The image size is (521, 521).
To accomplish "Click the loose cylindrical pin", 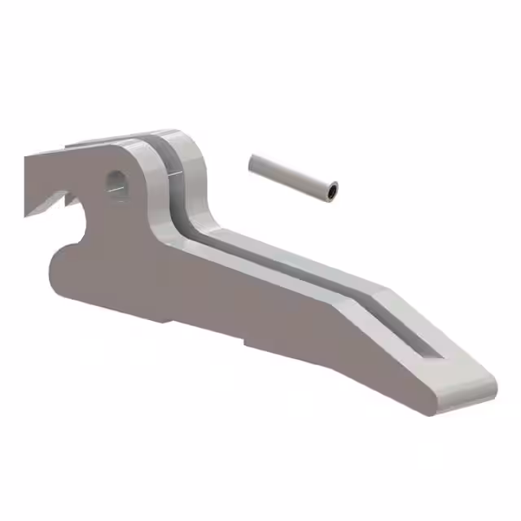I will [x=291, y=177].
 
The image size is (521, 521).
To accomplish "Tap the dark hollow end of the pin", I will [x=331, y=192].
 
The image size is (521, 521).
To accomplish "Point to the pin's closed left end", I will [x=253, y=163].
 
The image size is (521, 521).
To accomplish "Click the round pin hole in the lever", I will [x=116, y=184].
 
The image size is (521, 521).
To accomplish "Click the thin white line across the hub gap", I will [x=173, y=173].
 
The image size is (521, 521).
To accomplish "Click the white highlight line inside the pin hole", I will [x=116, y=190].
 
